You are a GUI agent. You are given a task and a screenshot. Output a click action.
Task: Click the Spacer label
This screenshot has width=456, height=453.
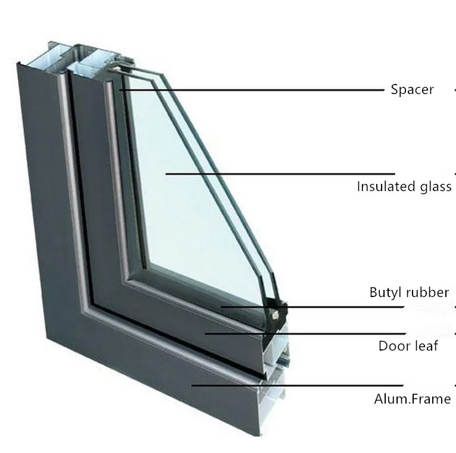[x=412, y=90]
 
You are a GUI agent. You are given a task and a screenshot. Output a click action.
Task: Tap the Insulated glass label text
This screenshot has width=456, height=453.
[x=404, y=187]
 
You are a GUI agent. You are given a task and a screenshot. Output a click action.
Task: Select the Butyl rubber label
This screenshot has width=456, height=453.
[x=409, y=292]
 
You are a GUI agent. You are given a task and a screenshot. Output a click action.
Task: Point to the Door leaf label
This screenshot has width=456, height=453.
[x=408, y=345]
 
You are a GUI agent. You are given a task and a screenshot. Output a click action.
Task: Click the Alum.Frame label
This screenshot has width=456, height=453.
[x=412, y=399]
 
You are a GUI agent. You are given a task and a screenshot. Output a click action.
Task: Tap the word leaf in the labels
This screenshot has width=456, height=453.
[x=426, y=345]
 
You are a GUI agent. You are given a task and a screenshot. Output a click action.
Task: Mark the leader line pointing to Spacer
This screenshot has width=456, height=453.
[x=250, y=90]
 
